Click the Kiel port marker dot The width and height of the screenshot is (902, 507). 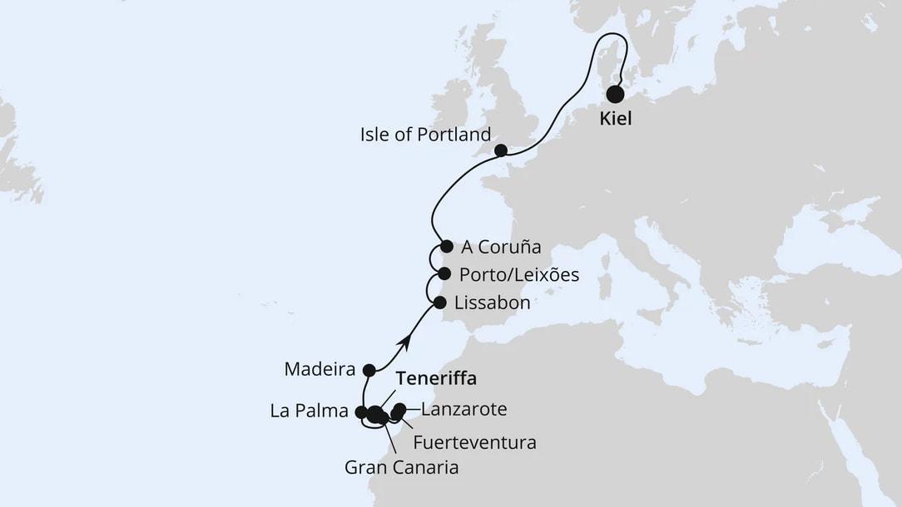coord(616,94)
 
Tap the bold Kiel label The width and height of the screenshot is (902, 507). coord(616,119)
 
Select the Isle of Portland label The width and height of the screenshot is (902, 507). coord(426,134)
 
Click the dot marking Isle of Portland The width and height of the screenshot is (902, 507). coord(501,150)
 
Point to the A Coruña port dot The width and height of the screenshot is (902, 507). coord(447,246)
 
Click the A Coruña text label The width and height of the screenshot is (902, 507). coord(501,247)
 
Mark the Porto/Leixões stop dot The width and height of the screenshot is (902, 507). coord(444,273)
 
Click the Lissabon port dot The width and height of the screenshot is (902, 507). coord(439,303)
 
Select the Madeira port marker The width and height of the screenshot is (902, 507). coord(369,370)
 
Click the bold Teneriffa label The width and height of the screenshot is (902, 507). coord(436,379)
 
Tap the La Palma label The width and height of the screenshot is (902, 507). coord(308,411)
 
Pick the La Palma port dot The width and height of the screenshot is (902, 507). coord(360,411)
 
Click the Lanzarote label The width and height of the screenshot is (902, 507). coord(464,409)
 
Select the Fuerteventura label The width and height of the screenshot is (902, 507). coord(474,442)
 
